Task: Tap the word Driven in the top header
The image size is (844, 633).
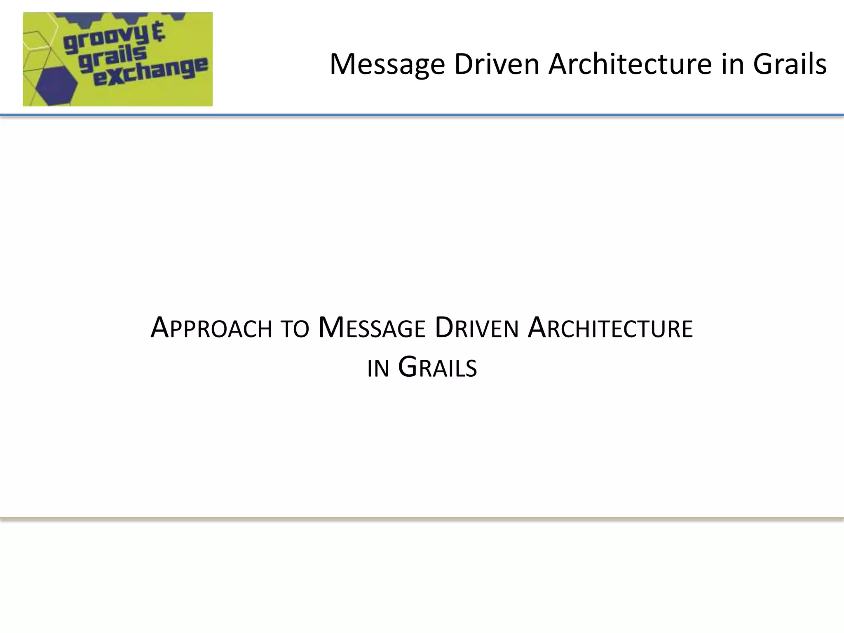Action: coord(497,65)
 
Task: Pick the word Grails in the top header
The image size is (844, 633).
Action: coord(790,65)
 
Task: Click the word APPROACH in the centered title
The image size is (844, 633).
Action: coord(211,328)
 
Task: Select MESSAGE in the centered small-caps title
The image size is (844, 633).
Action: coord(372,328)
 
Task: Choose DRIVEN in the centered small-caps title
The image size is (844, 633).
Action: coord(477,328)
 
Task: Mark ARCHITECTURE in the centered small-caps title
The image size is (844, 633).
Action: coord(610,328)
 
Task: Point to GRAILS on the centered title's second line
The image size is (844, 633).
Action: coord(438,367)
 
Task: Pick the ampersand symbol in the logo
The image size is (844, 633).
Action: coord(158,32)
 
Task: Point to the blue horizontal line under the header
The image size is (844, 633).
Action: coord(422,115)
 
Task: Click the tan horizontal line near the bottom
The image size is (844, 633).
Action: coord(422,518)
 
